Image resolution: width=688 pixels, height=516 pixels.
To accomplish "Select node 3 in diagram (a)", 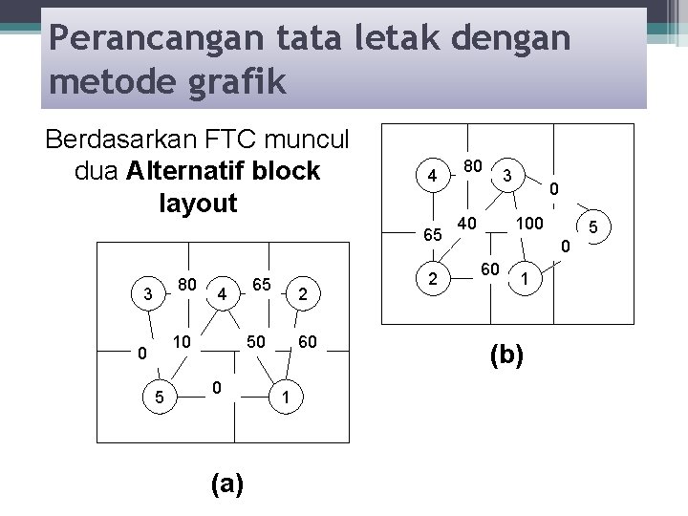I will click(146, 293).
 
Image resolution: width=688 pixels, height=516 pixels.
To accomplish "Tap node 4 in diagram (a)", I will click(222, 293).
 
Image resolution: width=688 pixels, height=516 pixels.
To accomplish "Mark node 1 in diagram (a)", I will click(286, 394).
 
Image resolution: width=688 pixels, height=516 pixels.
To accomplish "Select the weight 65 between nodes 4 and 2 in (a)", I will click(262, 284).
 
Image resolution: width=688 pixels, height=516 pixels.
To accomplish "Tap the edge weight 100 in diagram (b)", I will click(528, 224).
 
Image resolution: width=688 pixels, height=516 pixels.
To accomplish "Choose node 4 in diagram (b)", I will click(433, 177).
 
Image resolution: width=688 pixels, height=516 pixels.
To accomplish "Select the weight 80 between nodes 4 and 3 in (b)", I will click(471, 165).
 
